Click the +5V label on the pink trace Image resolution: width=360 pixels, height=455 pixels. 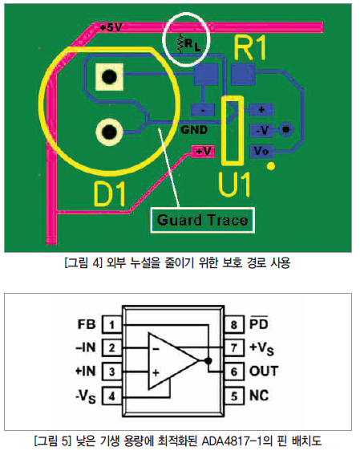(x=111, y=27)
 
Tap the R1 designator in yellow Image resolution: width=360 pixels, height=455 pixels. (x=249, y=48)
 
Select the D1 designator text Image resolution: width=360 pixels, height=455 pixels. (x=110, y=193)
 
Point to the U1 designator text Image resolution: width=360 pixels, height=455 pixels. (x=234, y=185)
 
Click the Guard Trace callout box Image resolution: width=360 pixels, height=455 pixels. (x=202, y=220)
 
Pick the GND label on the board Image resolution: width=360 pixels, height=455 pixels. (x=194, y=130)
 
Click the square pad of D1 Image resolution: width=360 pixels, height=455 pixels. (x=109, y=77)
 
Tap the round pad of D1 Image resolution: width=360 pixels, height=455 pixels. (x=109, y=132)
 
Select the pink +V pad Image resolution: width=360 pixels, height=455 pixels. (x=203, y=152)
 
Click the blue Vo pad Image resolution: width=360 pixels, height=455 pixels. (x=261, y=151)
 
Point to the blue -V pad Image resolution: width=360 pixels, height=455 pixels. (x=261, y=130)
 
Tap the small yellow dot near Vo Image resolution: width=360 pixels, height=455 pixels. (x=271, y=166)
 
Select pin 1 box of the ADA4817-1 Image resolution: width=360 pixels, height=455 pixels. (x=111, y=324)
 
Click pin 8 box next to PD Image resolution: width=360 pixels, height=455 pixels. (x=234, y=324)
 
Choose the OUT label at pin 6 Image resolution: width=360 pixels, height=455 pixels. (x=264, y=371)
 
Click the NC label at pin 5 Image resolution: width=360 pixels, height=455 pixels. (x=259, y=396)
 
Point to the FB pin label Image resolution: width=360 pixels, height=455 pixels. (x=87, y=324)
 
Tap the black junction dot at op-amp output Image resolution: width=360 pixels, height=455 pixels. (x=208, y=361)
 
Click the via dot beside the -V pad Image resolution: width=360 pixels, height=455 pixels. (x=285, y=129)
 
